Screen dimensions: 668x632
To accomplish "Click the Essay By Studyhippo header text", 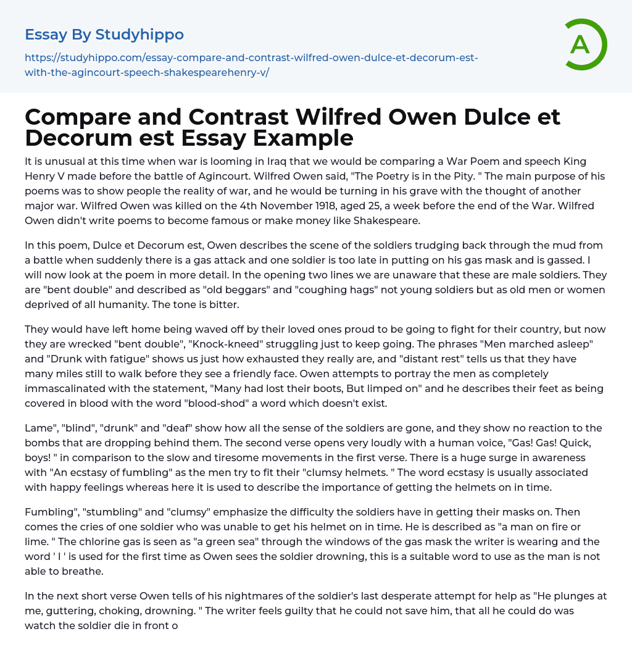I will [x=104, y=34].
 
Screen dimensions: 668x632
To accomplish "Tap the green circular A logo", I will [x=583, y=44].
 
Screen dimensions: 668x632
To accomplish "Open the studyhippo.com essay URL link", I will [x=251, y=65].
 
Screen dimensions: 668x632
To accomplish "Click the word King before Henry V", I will [x=583, y=161].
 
